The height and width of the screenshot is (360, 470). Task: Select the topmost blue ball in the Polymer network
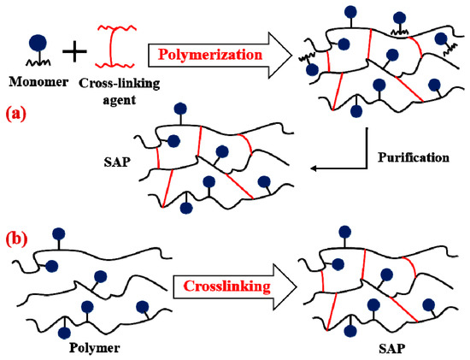tap(58, 233)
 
